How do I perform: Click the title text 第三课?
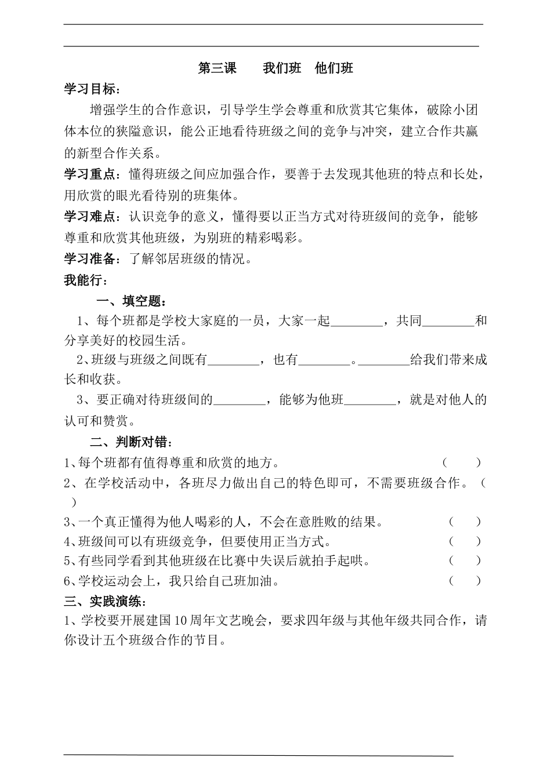click(217, 68)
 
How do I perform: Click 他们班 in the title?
click(334, 68)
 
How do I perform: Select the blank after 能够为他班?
click(369, 401)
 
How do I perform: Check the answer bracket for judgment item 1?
click(462, 463)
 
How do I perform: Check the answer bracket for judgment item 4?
click(465, 541)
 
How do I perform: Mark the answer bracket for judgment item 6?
click(465, 580)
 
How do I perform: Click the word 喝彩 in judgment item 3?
click(182, 522)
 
